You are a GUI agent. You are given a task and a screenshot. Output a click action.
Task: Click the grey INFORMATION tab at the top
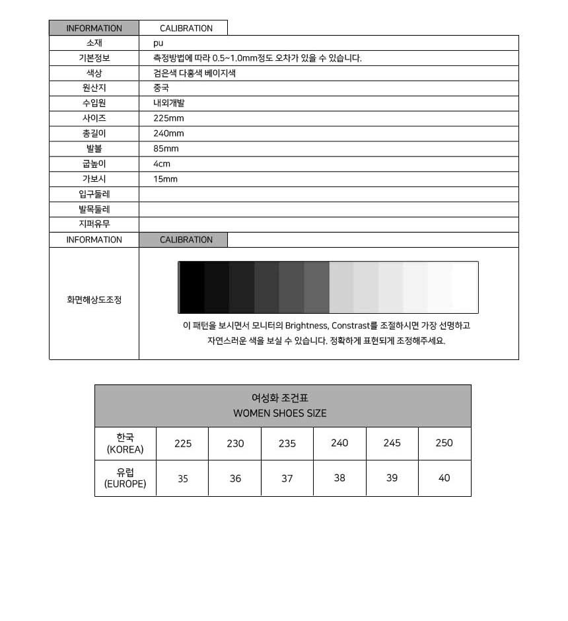(x=94, y=28)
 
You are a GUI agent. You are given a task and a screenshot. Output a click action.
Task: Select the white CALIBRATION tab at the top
(x=186, y=28)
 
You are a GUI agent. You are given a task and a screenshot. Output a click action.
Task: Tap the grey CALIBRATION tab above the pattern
(x=186, y=240)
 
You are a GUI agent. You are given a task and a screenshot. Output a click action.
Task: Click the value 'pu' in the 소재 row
(x=158, y=43)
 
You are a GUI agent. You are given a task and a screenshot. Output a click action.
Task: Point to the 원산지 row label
(x=94, y=88)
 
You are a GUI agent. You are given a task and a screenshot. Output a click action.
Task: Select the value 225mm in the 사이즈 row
(x=168, y=118)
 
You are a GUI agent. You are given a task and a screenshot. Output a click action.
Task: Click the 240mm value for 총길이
(x=168, y=133)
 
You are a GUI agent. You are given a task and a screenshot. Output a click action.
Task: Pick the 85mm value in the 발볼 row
(x=166, y=149)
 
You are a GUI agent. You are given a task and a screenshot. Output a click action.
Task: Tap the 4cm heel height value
(x=162, y=164)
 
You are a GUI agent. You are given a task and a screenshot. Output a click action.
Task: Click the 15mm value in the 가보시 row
(x=165, y=179)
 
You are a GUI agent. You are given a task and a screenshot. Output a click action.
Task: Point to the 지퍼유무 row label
(x=94, y=224)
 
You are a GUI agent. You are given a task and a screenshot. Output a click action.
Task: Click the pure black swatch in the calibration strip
(x=192, y=287)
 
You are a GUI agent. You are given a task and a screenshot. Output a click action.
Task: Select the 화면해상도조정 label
(x=94, y=299)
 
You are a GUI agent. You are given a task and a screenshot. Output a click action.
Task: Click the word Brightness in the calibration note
(x=306, y=326)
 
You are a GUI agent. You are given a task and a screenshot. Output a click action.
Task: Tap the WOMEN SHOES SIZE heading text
(x=279, y=414)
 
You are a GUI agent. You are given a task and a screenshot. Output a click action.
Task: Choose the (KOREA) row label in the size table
(x=125, y=450)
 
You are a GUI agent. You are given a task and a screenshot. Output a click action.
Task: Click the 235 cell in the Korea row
(x=287, y=443)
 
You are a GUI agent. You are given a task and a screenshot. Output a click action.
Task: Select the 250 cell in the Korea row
(x=444, y=443)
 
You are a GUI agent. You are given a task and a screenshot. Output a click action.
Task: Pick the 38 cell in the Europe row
(x=339, y=478)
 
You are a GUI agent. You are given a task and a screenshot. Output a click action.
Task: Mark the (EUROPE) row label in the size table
(x=125, y=484)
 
